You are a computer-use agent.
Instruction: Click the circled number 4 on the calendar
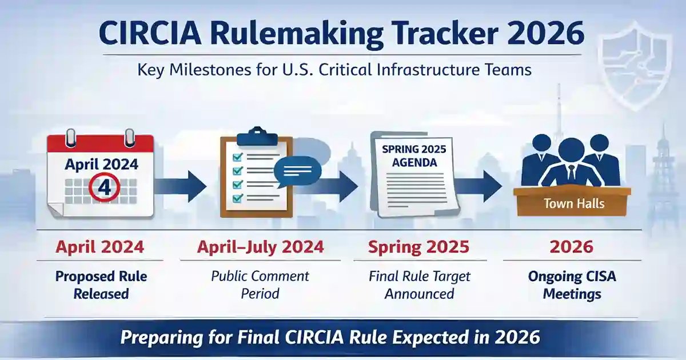click(x=103, y=188)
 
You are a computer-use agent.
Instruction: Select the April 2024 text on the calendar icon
click(x=101, y=165)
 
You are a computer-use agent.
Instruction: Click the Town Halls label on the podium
click(x=573, y=203)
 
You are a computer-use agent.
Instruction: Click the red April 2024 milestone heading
click(x=99, y=247)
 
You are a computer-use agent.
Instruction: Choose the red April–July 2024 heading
click(x=260, y=247)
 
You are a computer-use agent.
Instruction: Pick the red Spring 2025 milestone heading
click(x=418, y=247)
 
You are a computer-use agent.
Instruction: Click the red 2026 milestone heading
click(x=572, y=247)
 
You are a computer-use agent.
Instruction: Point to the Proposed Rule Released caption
click(x=101, y=285)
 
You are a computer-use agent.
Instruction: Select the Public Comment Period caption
click(x=260, y=285)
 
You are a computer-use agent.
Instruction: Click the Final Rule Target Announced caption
click(x=419, y=285)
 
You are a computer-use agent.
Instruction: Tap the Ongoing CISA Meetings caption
click(x=572, y=285)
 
